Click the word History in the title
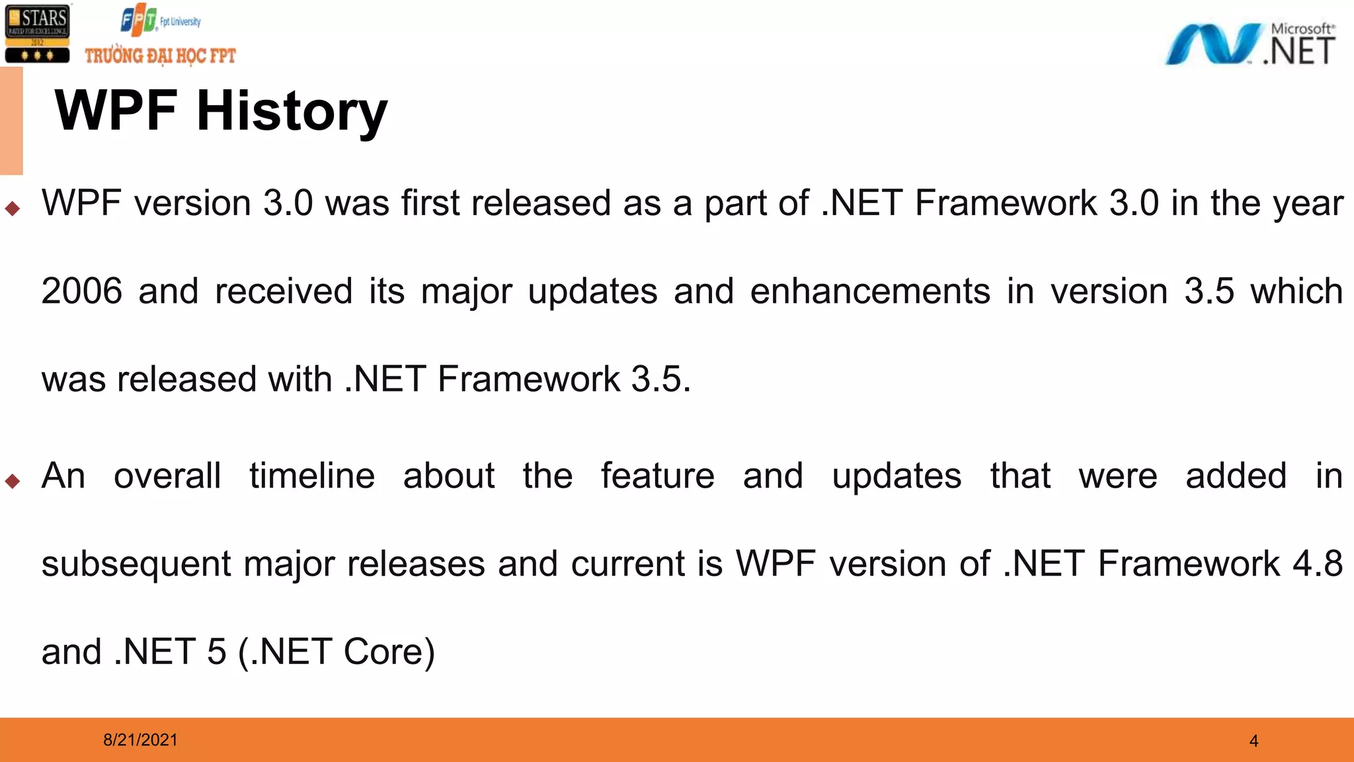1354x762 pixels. pyautogui.click(x=292, y=111)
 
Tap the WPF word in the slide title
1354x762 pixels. pyautogui.click(x=116, y=111)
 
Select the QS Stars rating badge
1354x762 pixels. pyautogui.click(x=37, y=34)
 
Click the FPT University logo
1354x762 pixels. pyautogui.click(x=160, y=21)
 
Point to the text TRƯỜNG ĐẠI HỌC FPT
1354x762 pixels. pyautogui.click(x=160, y=56)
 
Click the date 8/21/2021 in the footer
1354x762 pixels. pyautogui.click(x=140, y=740)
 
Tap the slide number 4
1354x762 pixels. pyautogui.click(x=1254, y=741)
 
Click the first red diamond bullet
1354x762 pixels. pyautogui.click(x=13, y=209)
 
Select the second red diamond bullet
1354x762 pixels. pyautogui.click(x=13, y=481)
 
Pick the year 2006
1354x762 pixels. pyautogui.click(x=82, y=291)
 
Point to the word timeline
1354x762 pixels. pyautogui.click(x=312, y=476)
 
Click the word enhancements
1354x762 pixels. pyautogui.click(x=870, y=291)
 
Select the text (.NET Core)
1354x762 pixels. pyautogui.click(x=336, y=652)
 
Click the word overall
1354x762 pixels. pyautogui.click(x=167, y=476)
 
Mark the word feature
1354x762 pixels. pyautogui.click(x=657, y=476)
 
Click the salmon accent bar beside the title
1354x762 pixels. pyautogui.click(x=11, y=121)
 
